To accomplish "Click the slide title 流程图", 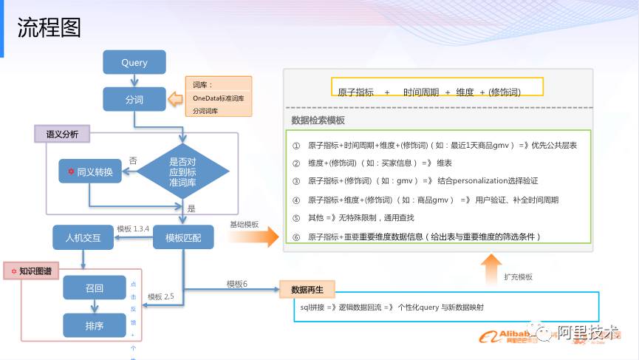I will pos(49,28).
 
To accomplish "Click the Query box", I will pos(134,63).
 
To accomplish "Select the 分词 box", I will pos(134,99).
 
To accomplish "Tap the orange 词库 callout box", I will pos(218,97).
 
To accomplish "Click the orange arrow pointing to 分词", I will pos(176,98).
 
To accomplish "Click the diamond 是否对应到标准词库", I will pos(183,171).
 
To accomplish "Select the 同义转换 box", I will pos(89,171).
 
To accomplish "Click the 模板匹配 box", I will pos(183,237).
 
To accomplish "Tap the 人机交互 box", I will pos(82,237).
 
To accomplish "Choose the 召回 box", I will pos(95,288).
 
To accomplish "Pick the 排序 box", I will pos(95,325).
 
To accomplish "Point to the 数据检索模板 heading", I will pos(318,120).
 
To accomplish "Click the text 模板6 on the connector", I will pos(237,283).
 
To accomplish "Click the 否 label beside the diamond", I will pos(133,160).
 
